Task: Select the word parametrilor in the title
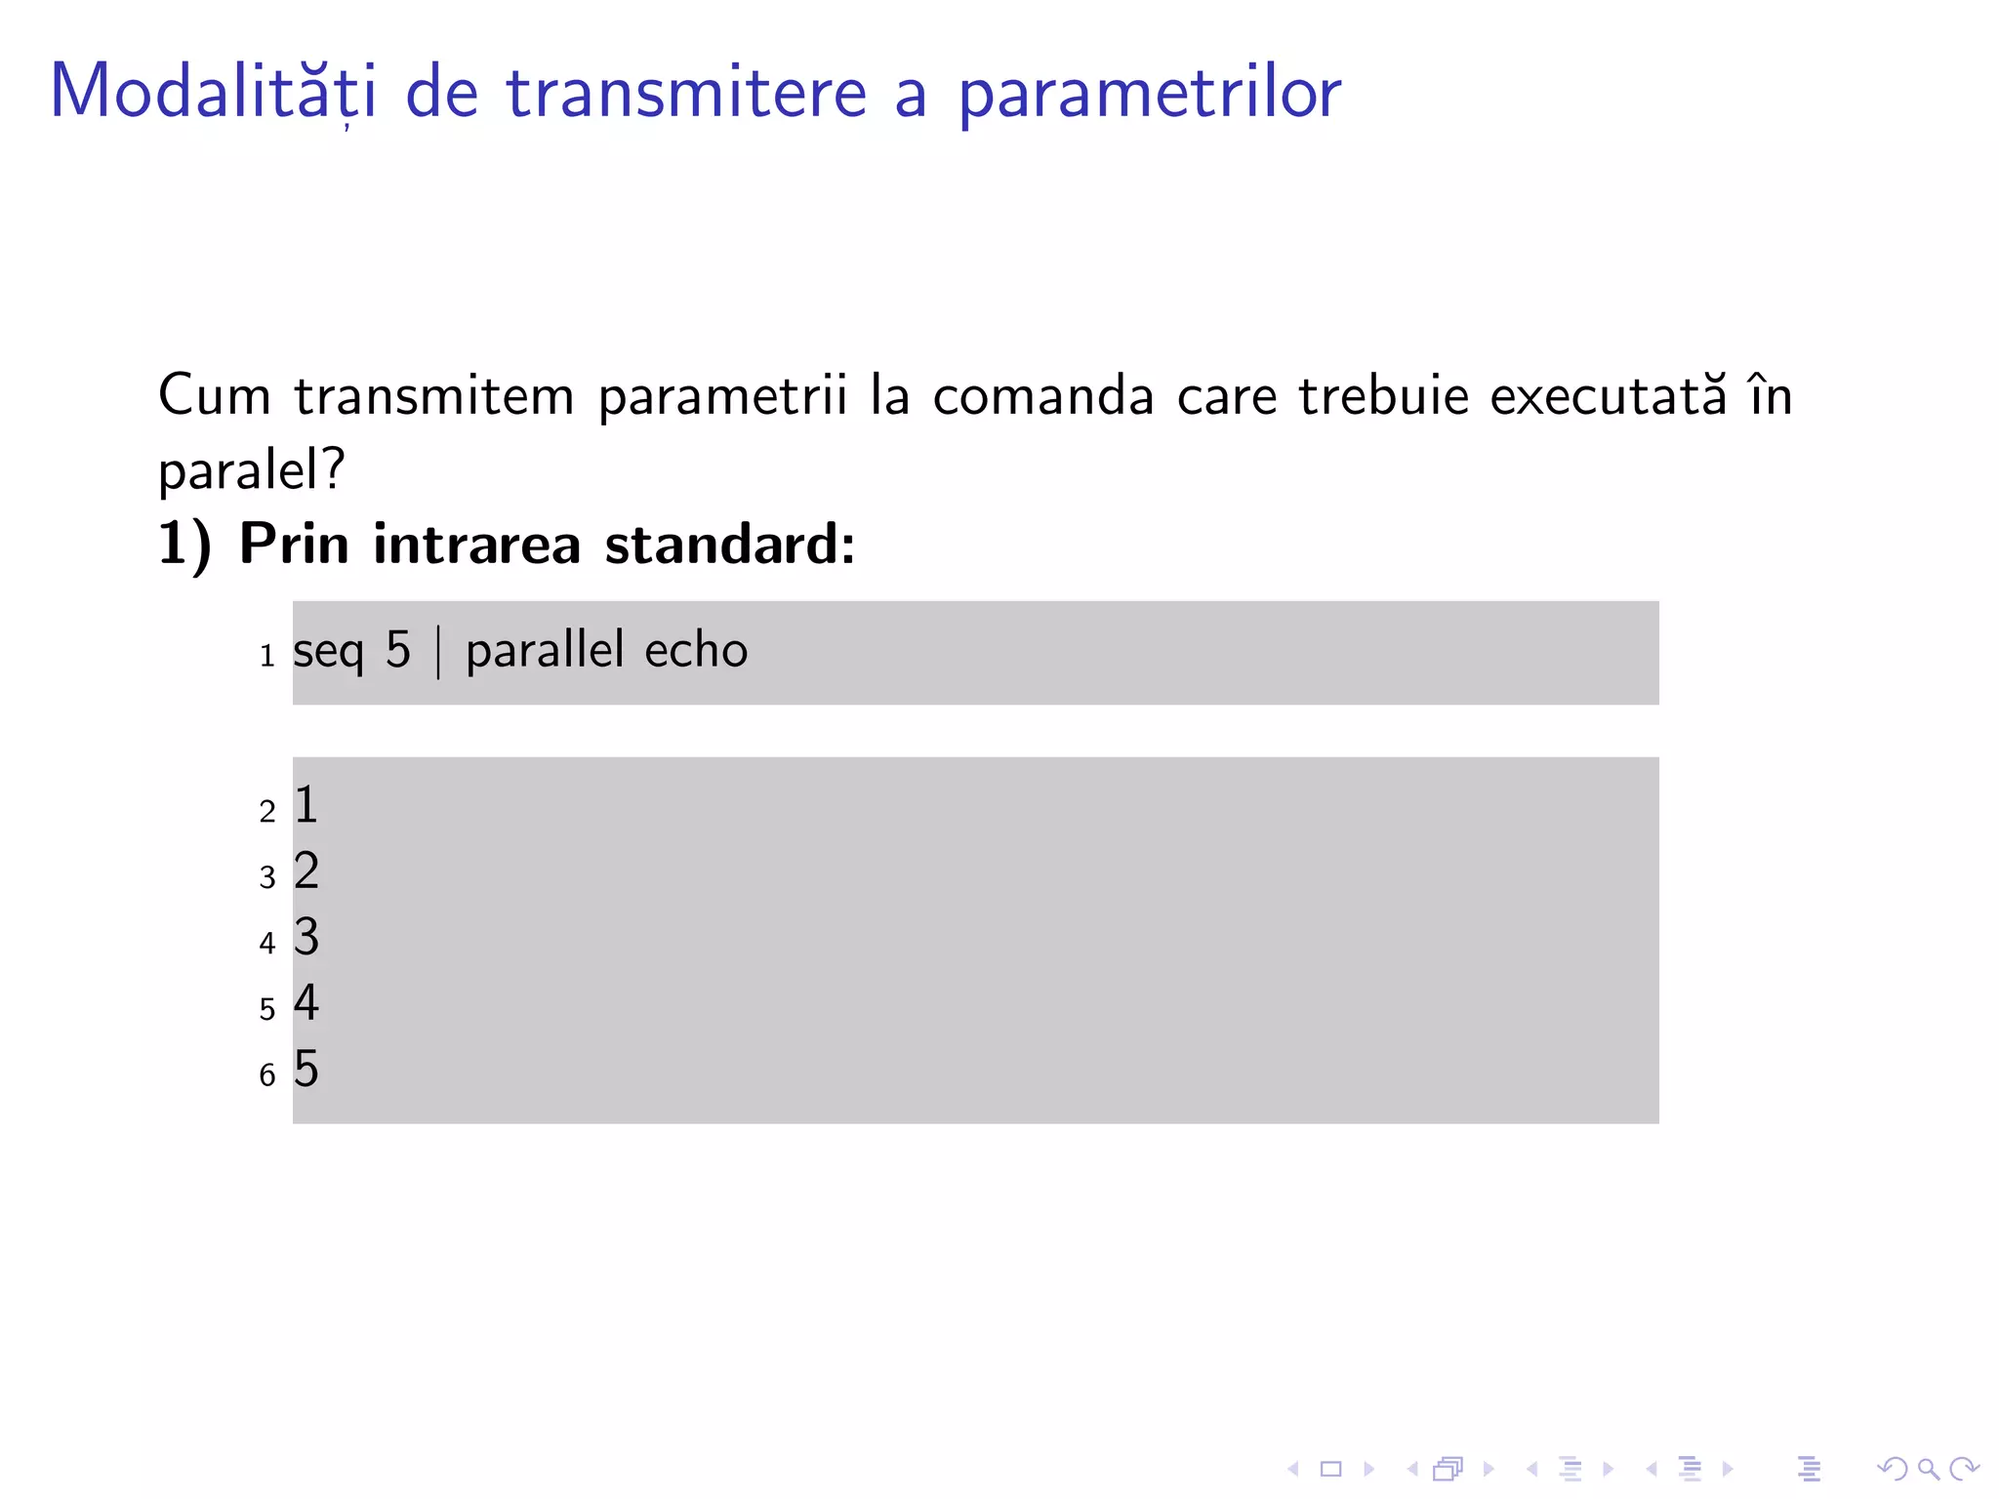point(1149,94)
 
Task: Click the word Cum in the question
point(215,395)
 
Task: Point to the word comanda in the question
point(1043,395)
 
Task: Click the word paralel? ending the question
point(252,470)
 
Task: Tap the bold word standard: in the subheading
point(729,544)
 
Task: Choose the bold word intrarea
point(477,544)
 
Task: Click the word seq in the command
point(328,651)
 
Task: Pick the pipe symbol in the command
point(438,652)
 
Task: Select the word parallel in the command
point(545,650)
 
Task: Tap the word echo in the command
point(696,650)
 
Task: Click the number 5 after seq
point(398,650)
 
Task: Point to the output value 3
point(306,937)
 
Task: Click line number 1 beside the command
point(266,656)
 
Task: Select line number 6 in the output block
point(267,1075)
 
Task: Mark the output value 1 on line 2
point(306,805)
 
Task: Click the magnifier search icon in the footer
point(1928,1469)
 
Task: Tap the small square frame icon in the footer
point(1330,1469)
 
